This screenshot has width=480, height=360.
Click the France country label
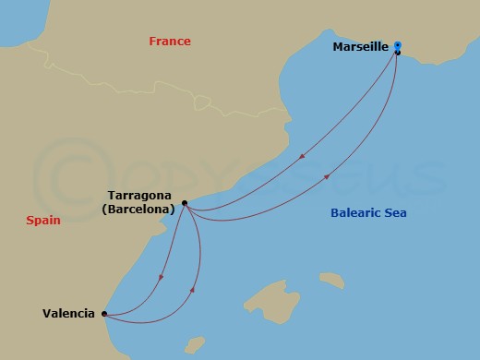tap(170, 42)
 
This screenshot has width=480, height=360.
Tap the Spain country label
tap(42, 222)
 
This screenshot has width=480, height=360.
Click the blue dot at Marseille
tap(397, 44)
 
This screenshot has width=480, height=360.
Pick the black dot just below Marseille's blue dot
tap(397, 53)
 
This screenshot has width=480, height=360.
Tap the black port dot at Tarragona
tap(185, 203)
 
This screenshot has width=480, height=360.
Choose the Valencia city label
tap(68, 313)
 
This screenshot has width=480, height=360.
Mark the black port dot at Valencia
tap(104, 313)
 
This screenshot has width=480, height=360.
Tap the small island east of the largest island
tap(330, 278)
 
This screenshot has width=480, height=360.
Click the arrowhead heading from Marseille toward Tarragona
tap(299, 158)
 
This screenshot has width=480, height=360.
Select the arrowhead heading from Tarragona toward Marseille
tap(327, 177)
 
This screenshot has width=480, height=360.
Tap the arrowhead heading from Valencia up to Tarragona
tap(192, 290)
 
